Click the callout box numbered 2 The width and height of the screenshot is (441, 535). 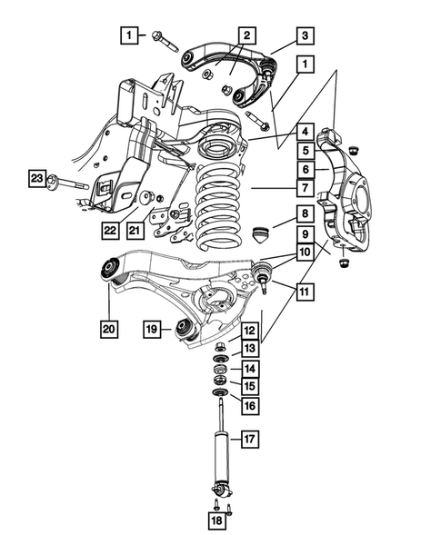pos(246,36)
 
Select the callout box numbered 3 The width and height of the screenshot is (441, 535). pos(306,36)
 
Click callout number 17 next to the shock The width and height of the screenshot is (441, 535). pos(248,439)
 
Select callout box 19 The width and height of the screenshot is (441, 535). pos(153,327)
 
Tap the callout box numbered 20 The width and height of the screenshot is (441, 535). pos(110,327)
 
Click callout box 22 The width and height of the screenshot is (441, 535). pos(110,231)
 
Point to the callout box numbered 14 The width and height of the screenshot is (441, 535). pos(248,368)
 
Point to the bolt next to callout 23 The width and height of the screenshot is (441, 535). pos(68,183)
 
